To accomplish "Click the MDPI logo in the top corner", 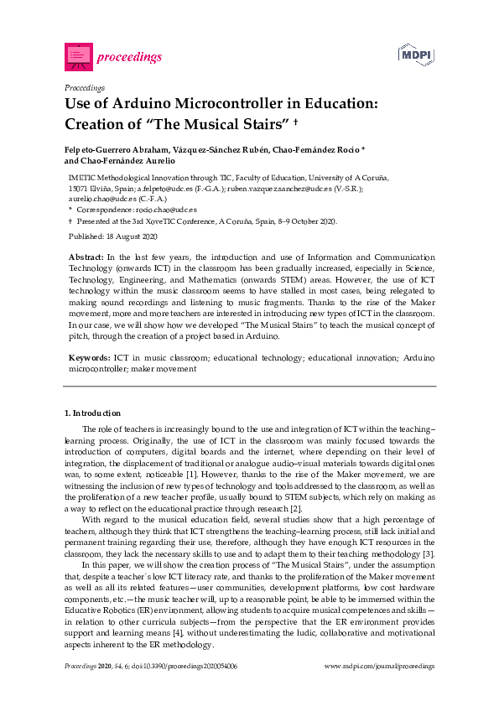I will click(x=416, y=56).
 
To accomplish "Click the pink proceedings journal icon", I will click(x=78, y=56).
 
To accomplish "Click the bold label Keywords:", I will click(x=87, y=357).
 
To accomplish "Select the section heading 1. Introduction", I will click(x=92, y=413).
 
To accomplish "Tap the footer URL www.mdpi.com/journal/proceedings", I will click(x=380, y=667).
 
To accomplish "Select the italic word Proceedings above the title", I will click(x=84, y=87).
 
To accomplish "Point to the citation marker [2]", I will click(x=295, y=506).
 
